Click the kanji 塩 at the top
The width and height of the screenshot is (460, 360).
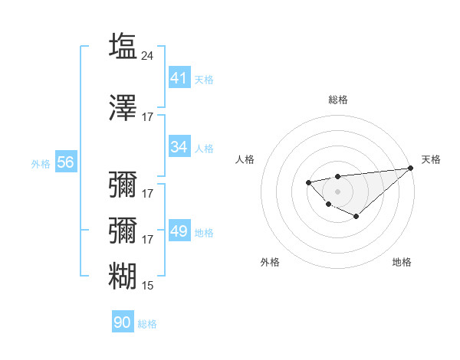point(123,46)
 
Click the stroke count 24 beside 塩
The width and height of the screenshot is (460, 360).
point(148,55)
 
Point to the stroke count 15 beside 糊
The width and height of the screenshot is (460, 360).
point(148,286)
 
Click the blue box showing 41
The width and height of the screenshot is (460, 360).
point(179,78)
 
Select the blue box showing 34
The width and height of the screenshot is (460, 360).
point(179,147)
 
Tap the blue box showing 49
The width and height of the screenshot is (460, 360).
point(179,232)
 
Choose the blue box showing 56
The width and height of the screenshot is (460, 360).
point(65,162)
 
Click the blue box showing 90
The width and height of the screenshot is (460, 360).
point(123,322)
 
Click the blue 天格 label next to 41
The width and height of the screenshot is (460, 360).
point(204,79)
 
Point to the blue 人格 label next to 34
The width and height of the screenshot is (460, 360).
point(204,148)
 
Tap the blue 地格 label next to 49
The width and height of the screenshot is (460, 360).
point(204,233)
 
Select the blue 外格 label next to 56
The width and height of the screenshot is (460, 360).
point(41,163)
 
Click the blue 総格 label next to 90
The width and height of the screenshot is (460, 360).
point(147,323)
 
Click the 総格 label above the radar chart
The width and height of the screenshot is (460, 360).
point(337,100)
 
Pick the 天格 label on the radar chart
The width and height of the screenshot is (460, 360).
point(431,159)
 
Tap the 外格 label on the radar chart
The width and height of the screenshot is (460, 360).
point(270,262)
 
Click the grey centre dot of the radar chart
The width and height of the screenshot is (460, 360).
point(337,191)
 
